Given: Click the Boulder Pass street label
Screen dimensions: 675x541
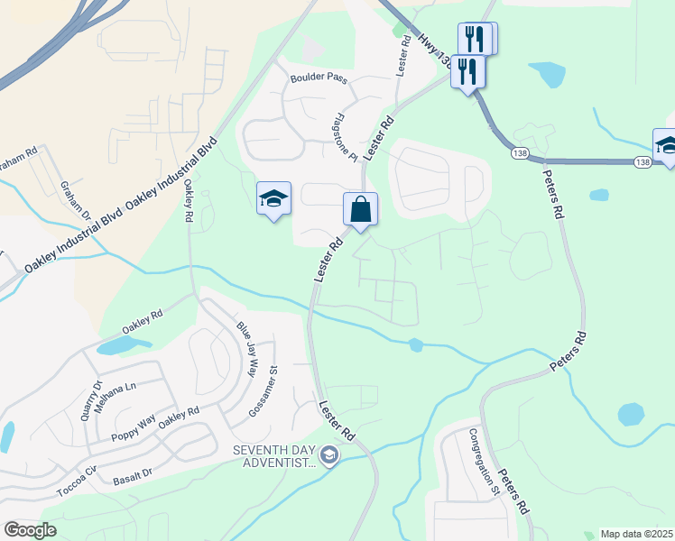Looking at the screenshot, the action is (x=318, y=79).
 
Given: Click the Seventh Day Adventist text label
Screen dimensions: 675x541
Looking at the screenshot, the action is (x=273, y=456).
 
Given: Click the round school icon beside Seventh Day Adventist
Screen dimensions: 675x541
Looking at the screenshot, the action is (x=328, y=456).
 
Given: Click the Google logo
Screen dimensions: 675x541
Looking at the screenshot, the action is (x=30, y=530).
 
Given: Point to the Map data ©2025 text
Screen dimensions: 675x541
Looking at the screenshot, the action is (x=635, y=534).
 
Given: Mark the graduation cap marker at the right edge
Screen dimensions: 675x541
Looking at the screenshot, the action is (x=667, y=145).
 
